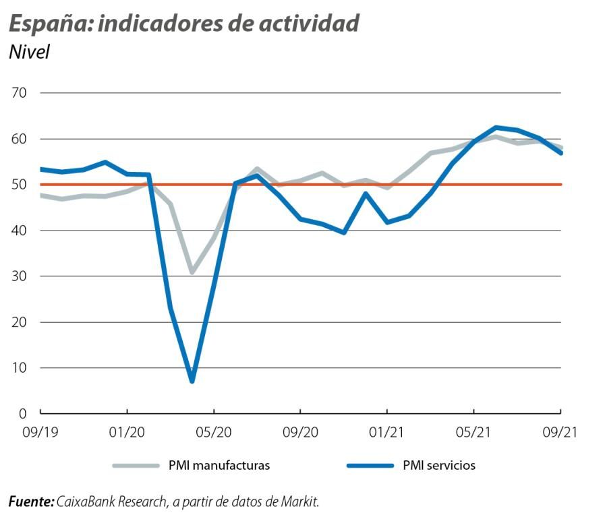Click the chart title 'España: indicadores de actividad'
[183, 23]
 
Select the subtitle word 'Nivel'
[29, 52]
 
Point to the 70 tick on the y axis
[18, 93]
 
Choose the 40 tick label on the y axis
[18, 231]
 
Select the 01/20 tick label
[127, 431]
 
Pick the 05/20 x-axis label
[214, 431]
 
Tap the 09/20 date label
[300, 431]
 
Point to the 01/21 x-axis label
[386, 431]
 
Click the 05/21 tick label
[473, 431]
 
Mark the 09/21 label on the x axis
[560, 431]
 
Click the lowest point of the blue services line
[192, 381]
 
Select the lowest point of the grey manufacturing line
[192, 272]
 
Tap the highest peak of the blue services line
[496, 127]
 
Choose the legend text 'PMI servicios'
[439, 466]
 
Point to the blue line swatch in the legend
[370, 466]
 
